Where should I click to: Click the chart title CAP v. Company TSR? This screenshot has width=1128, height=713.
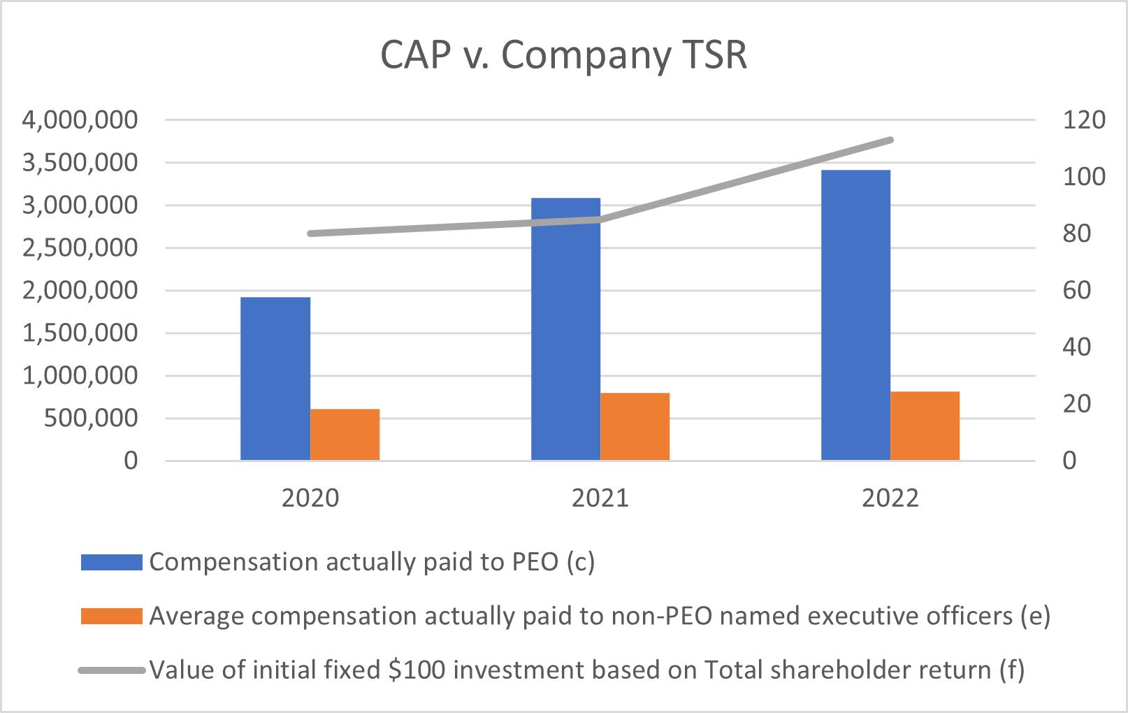(563, 55)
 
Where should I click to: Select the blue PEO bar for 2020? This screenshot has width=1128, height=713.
(275, 379)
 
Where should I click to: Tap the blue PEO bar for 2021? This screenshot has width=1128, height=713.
(566, 329)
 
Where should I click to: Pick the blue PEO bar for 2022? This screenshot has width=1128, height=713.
(856, 315)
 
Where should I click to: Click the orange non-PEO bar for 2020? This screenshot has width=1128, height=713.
(345, 435)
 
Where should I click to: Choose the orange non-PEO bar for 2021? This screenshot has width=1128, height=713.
(635, 426)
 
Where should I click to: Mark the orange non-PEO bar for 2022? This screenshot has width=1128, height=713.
(925, 426)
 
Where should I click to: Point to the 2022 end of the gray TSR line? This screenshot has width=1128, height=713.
(890, 140)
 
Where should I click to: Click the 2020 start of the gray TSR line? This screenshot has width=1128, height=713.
(310, 233)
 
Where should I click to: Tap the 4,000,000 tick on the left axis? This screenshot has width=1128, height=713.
(80, 120)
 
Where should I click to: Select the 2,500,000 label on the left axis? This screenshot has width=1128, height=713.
(80, 248)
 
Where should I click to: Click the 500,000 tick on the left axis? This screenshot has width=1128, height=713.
(91, 419)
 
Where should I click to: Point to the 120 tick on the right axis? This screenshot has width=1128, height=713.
(1084, 120)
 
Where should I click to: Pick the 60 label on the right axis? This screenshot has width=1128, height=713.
(1077, 291)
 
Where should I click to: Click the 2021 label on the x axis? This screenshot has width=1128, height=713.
(600, 498)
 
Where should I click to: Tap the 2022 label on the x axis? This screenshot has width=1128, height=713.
(890, 498)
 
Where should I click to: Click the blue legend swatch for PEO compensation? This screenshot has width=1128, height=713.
(111, 562)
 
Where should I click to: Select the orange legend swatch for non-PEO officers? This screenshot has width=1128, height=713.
(111, 616)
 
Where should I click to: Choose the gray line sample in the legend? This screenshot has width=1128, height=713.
(112, 670)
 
